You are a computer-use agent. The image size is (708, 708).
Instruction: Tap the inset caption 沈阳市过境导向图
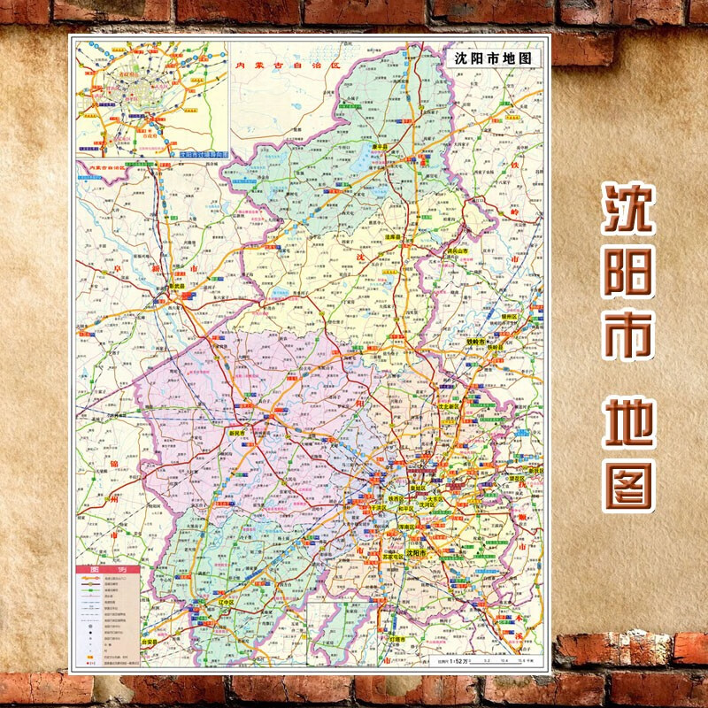(x=203, y=153)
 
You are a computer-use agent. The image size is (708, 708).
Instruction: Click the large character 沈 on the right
(x=628, y=210)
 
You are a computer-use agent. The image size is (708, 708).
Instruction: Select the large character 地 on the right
(x=628, y=425)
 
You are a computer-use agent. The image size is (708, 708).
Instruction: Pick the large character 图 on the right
(x=628, y=485)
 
